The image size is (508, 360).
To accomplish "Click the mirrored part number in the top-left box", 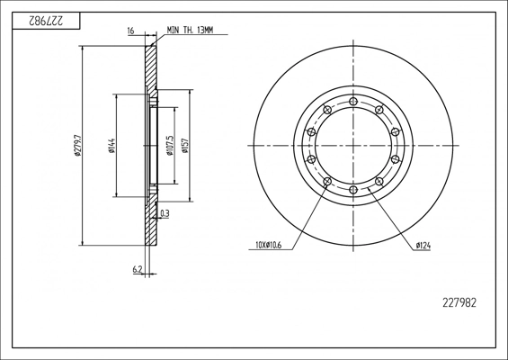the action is coord(47,21).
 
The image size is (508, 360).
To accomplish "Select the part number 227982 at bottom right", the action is coord(459,303).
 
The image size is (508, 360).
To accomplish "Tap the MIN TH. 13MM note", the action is coord(191,31).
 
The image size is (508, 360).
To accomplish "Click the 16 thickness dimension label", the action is coord(130,31).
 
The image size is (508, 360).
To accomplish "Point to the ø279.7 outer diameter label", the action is coord(77,145).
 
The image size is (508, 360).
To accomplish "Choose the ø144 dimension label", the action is coord(111,146).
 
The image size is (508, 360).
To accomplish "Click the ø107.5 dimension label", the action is coord(171,146).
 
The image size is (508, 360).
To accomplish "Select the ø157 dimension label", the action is coord(185,146).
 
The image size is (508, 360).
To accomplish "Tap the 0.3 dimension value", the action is coord(165,213).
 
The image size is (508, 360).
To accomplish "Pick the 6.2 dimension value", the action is coord(138,269).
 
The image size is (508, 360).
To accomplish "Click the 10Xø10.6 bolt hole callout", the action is coord(269,245).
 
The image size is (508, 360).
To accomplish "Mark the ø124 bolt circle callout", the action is coord(423,246).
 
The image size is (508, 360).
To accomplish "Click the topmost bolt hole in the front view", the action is coord(353,101).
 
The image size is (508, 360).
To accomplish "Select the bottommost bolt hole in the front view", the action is coord(353,190).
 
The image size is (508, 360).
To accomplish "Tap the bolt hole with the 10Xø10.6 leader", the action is coord(327,181).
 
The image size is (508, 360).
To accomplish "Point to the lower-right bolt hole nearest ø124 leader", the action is coord(379,181).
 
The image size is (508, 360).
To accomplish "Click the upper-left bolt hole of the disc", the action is coord(327,110).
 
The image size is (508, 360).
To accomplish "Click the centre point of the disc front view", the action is coord(353,145).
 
